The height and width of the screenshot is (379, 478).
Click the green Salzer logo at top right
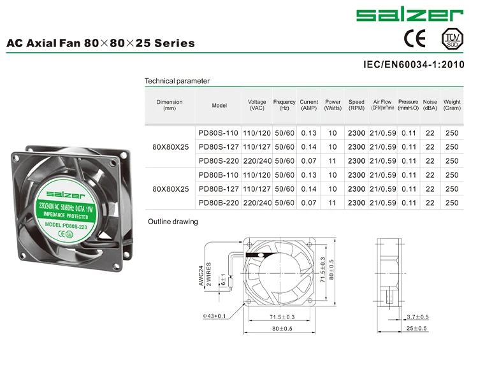(409, 15)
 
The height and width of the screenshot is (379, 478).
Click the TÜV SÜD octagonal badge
(451, 38)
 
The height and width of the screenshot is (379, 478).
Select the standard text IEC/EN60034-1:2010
(414, 65)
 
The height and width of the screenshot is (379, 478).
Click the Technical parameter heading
(177, 81)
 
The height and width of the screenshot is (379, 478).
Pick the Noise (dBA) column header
(430, 105)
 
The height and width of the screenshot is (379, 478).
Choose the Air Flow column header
(384, 105)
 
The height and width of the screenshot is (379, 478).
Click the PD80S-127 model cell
(218, 147)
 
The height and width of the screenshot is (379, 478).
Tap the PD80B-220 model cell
(218, 203)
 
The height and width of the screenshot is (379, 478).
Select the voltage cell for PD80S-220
(257, 161)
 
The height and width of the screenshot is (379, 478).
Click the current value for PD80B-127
(308, 189)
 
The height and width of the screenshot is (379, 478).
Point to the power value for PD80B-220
(333, 203)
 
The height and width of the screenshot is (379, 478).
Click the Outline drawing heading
(173, 222)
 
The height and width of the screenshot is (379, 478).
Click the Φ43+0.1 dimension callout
(215, 316)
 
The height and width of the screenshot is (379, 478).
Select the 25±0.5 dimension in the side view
(417, 329)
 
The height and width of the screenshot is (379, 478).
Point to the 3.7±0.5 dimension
(417, 317)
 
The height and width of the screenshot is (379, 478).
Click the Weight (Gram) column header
(452, 105)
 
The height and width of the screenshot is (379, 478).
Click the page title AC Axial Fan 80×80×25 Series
(101, 44)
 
